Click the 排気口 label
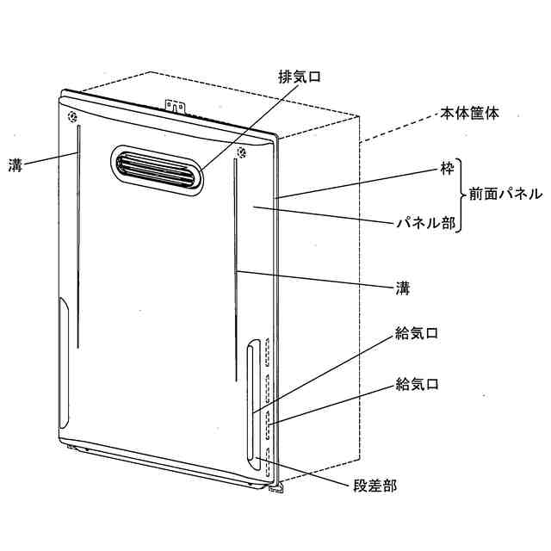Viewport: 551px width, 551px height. tap(298, 76)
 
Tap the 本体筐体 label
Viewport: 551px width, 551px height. tap(469, 113)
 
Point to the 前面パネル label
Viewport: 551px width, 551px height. tap(505, 195)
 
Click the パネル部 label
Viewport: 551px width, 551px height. tap(418, 222)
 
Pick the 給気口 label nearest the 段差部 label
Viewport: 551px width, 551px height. tap(417, 384)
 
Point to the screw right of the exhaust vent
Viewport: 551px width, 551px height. tap(240, 155)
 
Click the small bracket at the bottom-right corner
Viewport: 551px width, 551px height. tap(278, 487)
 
